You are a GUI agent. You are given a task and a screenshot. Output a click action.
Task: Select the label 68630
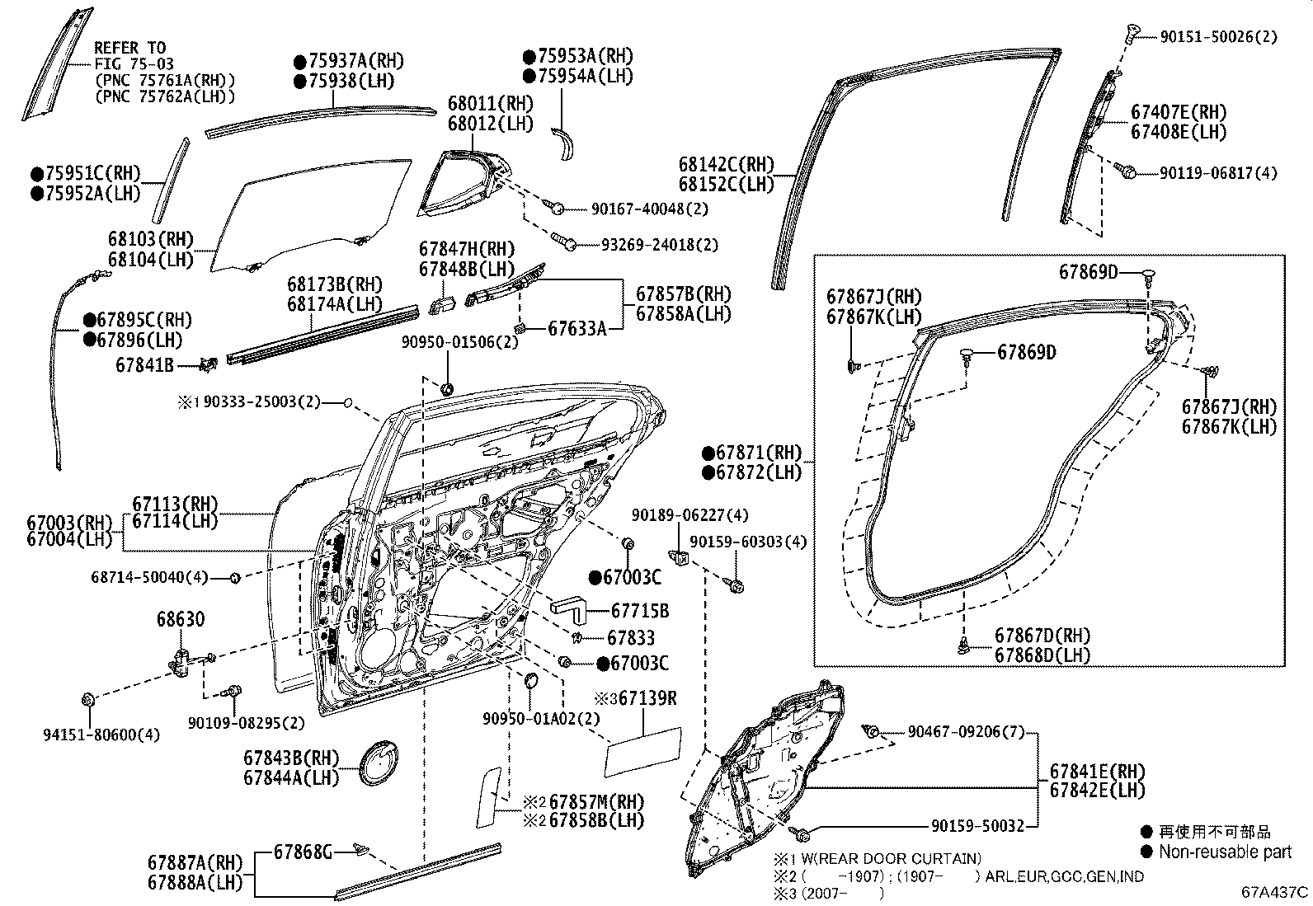(181, 620)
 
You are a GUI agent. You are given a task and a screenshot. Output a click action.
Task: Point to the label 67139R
(641, 699)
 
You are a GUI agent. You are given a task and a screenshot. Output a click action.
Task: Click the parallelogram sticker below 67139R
(642, 751)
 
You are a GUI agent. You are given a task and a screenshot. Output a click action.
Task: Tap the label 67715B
(640, 612)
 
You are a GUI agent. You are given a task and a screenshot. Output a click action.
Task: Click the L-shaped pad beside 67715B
(568, 608)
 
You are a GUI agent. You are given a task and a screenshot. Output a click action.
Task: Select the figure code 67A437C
(1275, 892)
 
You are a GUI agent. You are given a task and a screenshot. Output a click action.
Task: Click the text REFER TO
(129, 48)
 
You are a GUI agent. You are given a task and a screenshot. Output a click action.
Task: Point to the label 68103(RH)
(150, 240)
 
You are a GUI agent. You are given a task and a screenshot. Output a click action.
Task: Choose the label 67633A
(577, 329)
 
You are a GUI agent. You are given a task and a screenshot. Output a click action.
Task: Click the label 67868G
(303, 852)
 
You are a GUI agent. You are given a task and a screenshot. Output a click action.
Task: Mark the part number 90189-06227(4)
(689, 515)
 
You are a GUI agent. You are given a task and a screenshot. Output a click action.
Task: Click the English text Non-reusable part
(1226, 852)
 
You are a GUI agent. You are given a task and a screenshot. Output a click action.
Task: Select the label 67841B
(144, 364)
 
